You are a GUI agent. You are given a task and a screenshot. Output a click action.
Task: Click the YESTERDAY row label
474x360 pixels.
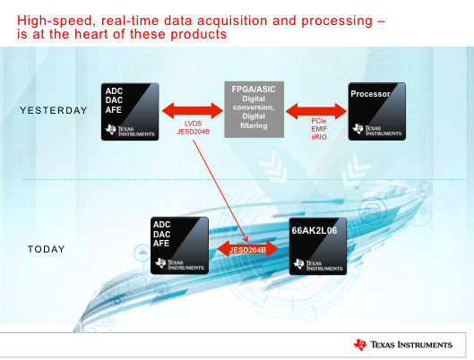tap(53, 111)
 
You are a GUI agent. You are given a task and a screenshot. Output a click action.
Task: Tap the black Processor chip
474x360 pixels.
tap(376, 111)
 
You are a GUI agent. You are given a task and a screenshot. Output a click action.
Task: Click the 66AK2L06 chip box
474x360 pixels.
tap(319, 245)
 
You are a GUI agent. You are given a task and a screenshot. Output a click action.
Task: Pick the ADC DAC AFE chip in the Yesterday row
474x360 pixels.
tap(131, 111)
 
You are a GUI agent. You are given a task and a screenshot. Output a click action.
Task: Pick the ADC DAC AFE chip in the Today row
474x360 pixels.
tap(179, 245)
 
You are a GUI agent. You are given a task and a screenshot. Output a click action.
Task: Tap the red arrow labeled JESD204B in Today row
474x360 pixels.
tap(248, 248)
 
